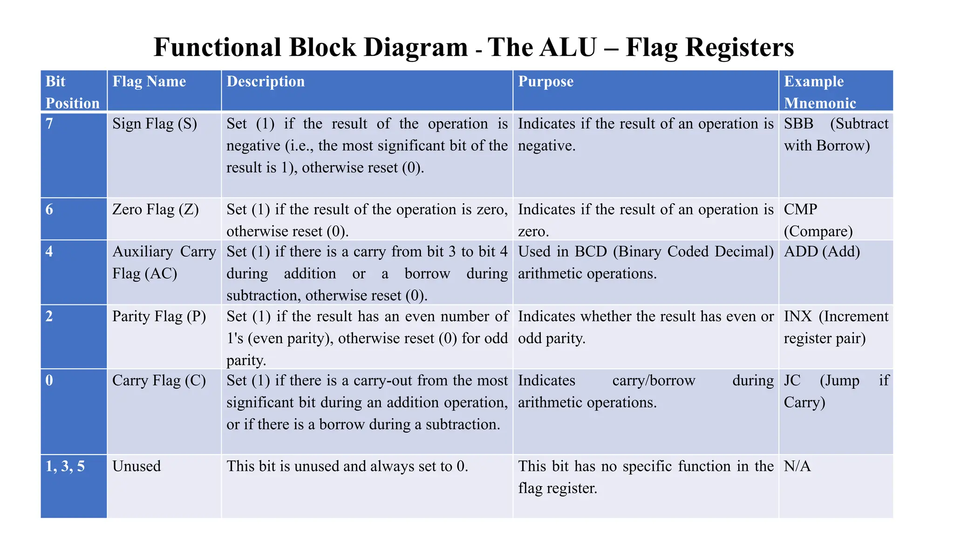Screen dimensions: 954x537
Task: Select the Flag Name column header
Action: (x=149, y=82)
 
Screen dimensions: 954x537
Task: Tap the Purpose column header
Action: (x=545, y=82)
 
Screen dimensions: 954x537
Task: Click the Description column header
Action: (x=266, y=82)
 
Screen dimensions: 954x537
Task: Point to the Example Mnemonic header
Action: (x=820, y=92)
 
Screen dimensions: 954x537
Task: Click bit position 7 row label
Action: (x=49, y=124)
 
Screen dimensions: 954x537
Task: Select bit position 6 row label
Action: (x=49, y=210)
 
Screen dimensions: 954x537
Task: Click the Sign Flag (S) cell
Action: (x=155, y=124)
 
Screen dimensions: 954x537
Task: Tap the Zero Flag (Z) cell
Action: (x=156, y=210)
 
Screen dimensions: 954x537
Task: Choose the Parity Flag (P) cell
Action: (x=159, y=317)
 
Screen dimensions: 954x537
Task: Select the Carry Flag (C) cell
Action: (x=159, y=381)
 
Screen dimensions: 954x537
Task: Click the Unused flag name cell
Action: (x=136, y=466)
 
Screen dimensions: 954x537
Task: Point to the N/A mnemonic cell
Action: (x=797, y=466)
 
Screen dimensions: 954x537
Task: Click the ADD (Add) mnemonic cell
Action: (x=822, y=252)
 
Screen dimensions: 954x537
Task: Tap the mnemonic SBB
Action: (x=798, y=124)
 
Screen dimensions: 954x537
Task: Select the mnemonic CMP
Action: (x=800, y=210)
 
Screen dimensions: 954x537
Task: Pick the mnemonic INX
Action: (x=797, y=317)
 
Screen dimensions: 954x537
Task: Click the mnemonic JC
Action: (x=792, y=381)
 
